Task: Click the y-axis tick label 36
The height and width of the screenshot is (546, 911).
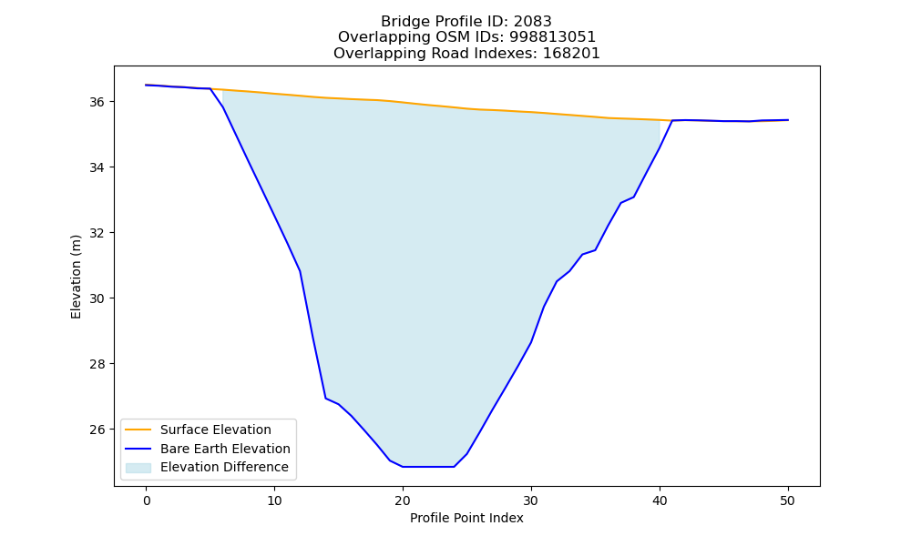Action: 97,102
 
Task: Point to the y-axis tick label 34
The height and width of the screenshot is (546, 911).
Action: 97,167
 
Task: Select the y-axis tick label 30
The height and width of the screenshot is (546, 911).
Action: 97,298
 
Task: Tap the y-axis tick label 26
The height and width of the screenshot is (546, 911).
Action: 97,430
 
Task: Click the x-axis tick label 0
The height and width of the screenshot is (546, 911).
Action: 147,501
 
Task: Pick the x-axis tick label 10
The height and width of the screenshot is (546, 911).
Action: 275,501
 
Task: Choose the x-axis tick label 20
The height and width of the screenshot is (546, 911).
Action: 403,501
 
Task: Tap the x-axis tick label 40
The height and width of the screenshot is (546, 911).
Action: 660,501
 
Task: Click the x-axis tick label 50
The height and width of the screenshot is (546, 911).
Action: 788,501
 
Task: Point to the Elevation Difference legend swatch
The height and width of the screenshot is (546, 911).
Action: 138,468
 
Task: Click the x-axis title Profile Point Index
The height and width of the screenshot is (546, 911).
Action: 466,518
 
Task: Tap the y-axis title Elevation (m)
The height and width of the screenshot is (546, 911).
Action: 76,277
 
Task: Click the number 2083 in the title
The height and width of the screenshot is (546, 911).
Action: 532,22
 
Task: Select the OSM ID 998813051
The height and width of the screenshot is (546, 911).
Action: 553,37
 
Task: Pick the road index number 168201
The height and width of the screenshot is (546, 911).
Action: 571,54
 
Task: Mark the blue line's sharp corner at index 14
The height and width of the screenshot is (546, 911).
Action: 326,398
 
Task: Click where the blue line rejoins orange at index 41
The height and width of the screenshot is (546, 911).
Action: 672,121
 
